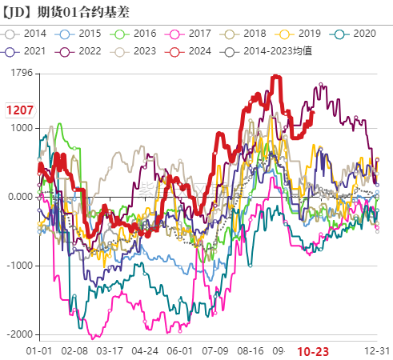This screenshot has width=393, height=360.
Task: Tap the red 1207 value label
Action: click(19, 110)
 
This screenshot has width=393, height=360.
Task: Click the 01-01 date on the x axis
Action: click(40, 351)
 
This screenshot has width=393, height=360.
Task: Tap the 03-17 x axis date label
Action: click(110, 351)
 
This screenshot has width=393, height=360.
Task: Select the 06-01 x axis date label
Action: click(180, 351)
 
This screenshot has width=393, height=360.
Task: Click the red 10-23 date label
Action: click(313, 351)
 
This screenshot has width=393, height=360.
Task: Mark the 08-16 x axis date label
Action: click(251, 351)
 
